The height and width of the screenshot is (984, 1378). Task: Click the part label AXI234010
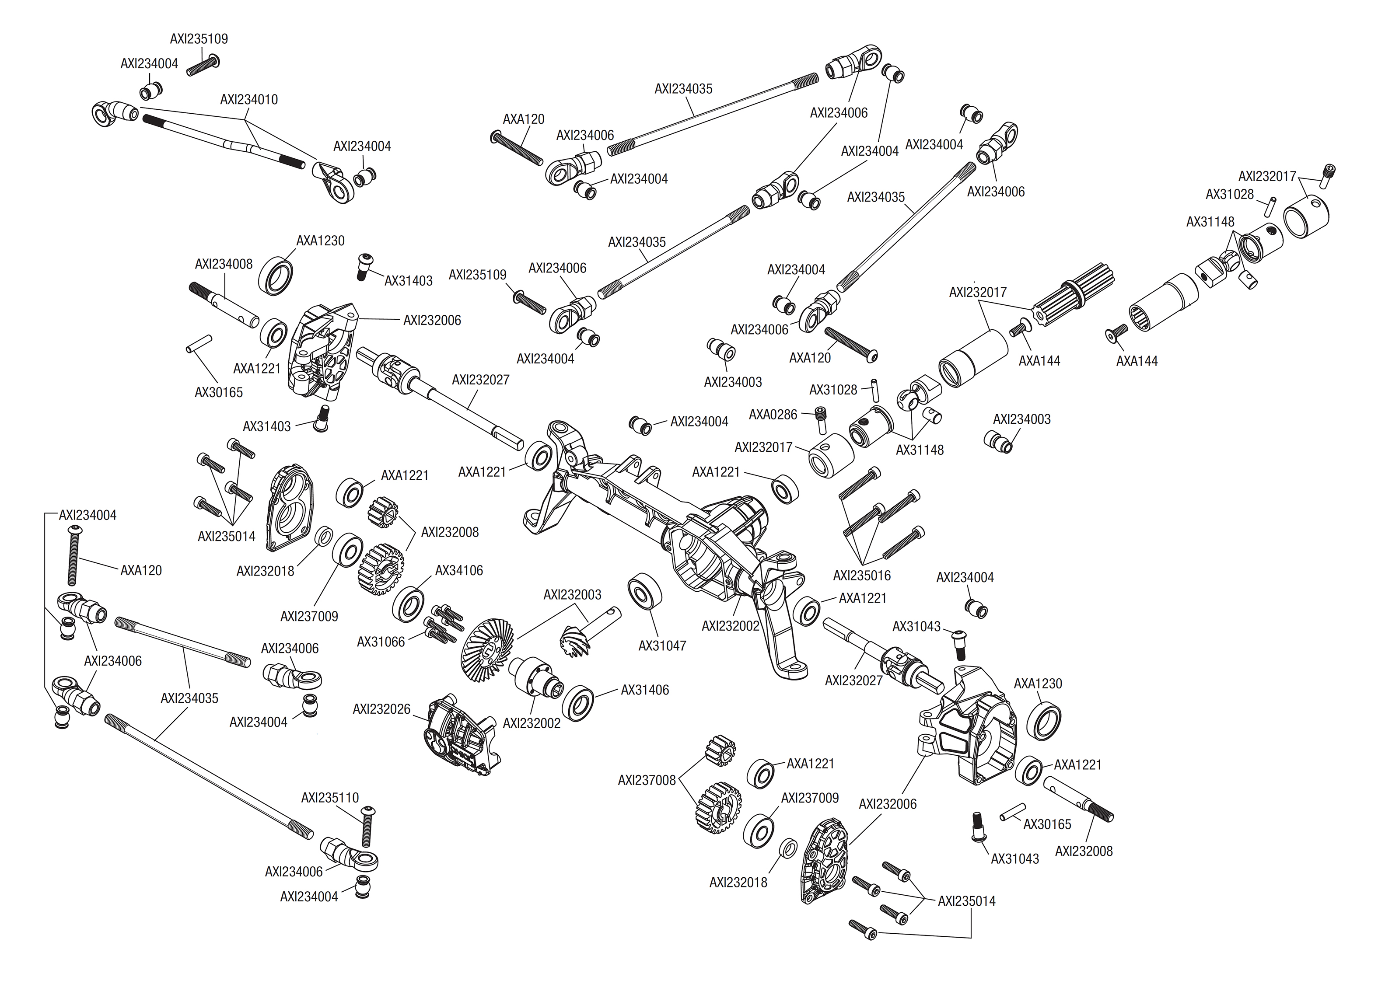248,99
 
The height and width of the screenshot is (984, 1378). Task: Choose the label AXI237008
646,780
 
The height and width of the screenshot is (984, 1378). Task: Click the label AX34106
459,571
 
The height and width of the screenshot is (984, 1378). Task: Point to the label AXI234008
224,264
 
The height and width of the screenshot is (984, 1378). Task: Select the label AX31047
662,646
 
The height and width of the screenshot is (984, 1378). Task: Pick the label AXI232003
572,595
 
